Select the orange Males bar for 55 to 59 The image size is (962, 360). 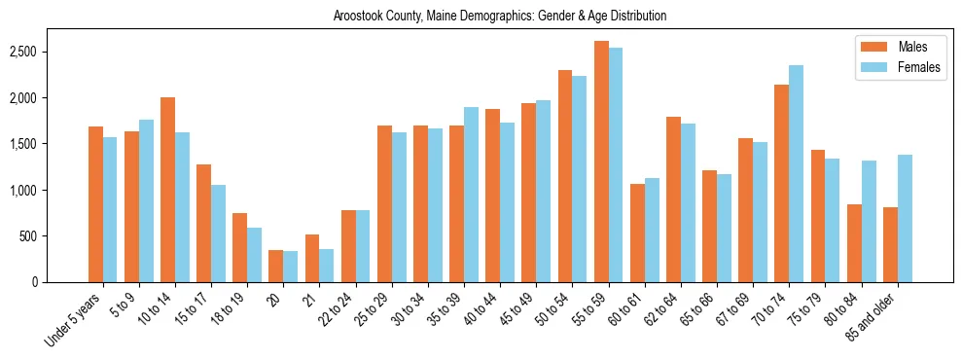pos(601,162)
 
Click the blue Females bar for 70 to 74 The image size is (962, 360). pos(797,173)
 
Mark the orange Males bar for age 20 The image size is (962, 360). pos(275,266)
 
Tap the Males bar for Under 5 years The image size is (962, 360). pos(95,204)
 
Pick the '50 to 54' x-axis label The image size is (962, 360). pos(553,313)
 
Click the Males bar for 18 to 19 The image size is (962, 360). pos(239,247)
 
